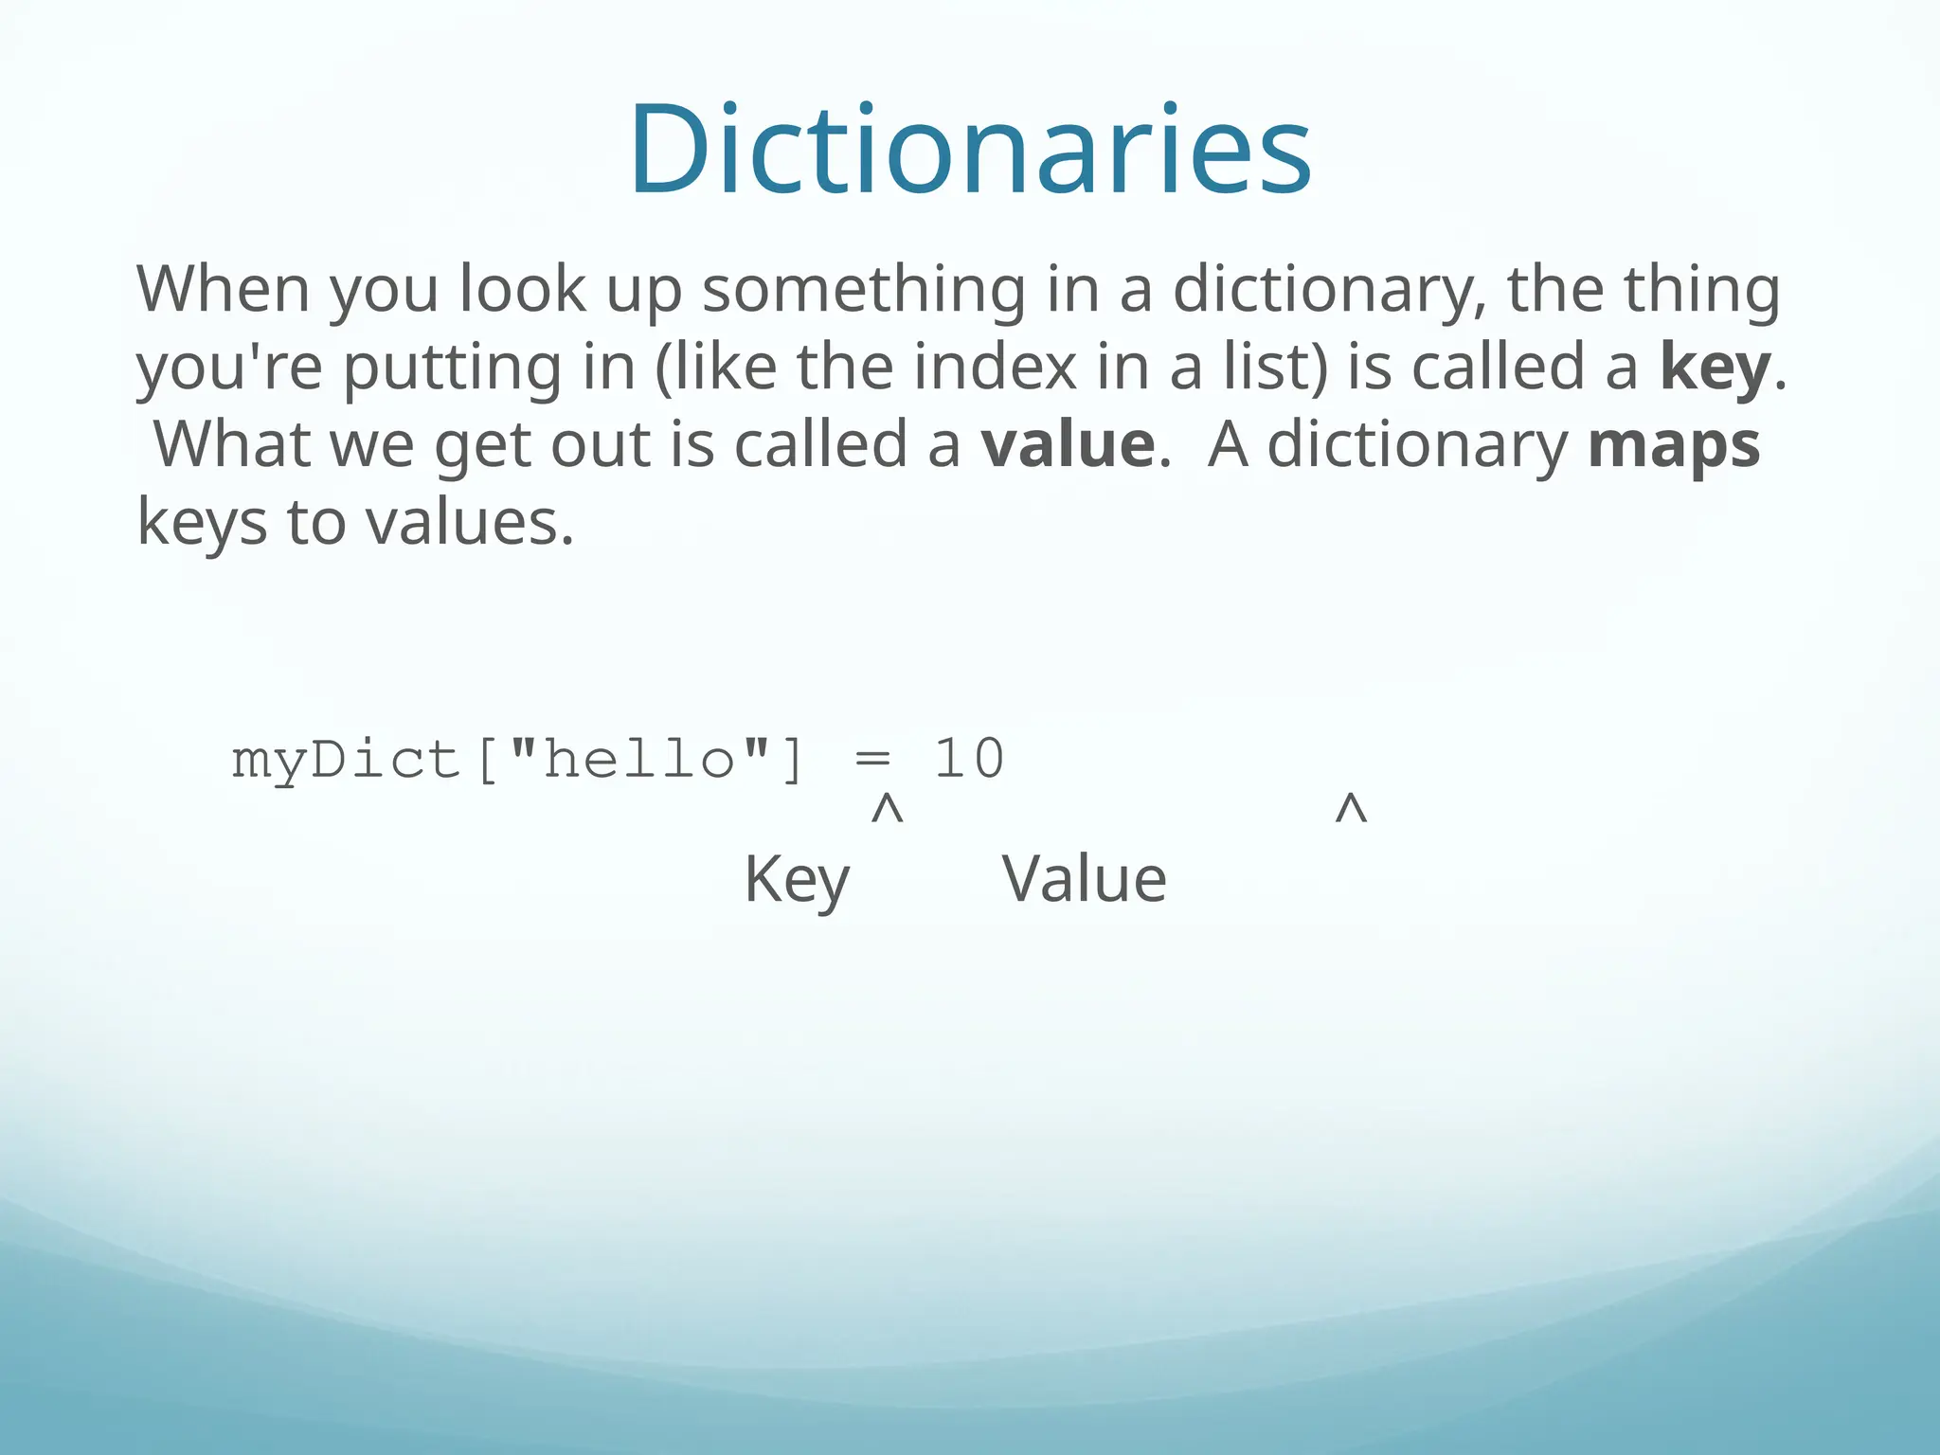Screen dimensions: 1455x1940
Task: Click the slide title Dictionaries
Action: [x=970, y=150]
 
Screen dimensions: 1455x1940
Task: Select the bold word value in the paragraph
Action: [x=1068, y=444]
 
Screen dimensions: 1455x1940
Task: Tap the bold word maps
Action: [x=1674, y=445]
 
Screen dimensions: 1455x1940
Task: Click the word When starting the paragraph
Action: [x=224, y=289]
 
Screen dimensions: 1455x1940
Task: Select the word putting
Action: [x=452, y=369]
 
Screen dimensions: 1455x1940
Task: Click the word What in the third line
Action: [x=232, y=444]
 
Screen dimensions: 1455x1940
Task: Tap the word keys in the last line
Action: [x=202, y=523]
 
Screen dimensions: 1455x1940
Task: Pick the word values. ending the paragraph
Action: [x=470, y=523]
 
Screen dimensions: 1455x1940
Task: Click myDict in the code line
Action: [x=346, y=760]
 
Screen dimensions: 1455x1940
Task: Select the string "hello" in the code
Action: [x=640, y=760]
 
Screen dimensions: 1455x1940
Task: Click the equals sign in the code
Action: [x=872, y=760]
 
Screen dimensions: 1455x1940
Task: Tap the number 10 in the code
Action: [x=969, y=760]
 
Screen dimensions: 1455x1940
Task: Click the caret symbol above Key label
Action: [x=887, y=811]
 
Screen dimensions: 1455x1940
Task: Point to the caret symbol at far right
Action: [x=1351, y=811]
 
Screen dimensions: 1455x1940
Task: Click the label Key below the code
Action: [x=797, y=880]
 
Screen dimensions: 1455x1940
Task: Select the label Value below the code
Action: [x=1085, y=880]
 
